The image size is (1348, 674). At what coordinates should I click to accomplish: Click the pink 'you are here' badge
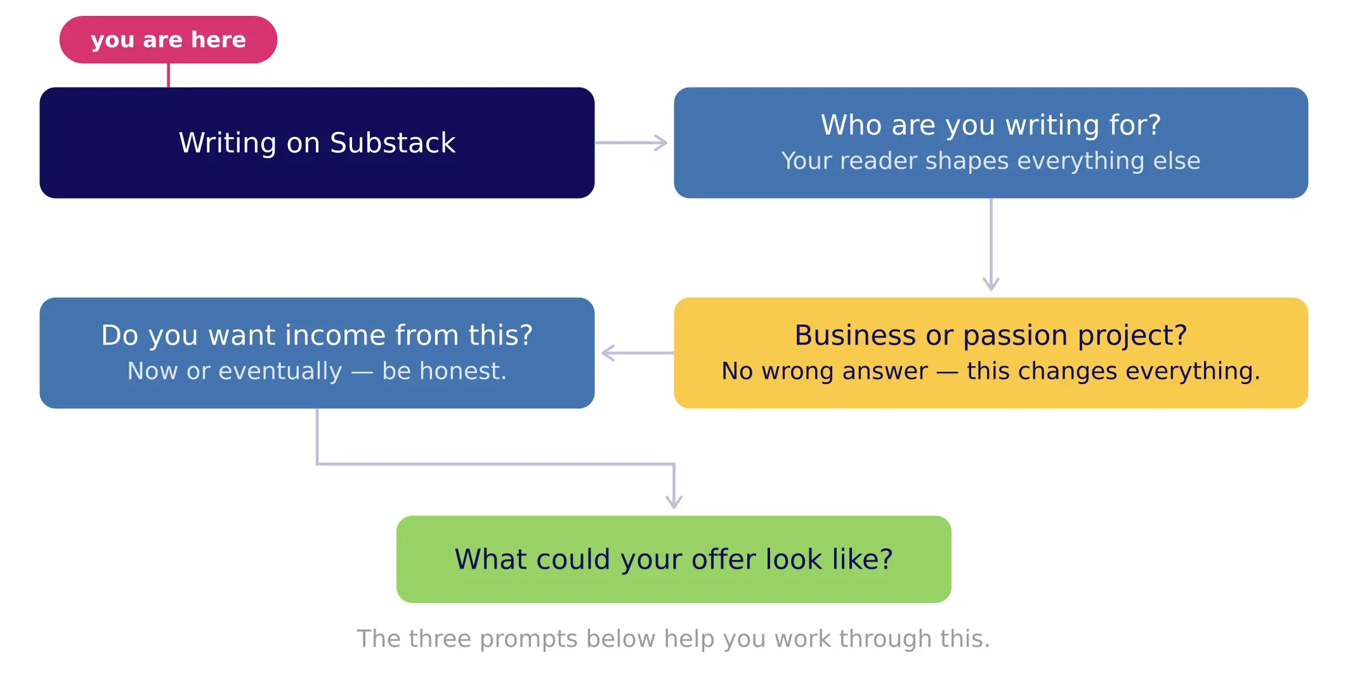tap(168, 39)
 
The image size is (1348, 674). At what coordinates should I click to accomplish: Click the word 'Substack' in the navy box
tap(392, 143)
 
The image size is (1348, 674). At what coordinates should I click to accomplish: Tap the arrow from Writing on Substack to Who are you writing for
tap(631, 143)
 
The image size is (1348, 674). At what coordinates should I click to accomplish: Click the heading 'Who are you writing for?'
tap(990, 125)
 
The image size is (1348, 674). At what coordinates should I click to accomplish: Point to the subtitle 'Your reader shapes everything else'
tap(990, 161)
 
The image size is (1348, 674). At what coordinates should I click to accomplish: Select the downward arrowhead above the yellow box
tap(991, 283)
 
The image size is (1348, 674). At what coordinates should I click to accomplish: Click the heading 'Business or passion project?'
tap(990, 335)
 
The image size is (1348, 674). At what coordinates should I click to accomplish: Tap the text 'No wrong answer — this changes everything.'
tap(990, 371)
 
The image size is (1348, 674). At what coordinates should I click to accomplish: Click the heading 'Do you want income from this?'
tap(317, 335)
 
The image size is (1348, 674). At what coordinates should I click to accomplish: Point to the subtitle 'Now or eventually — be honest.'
tap(317, 371)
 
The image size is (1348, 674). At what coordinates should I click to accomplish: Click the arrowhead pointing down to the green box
tap(674, 501)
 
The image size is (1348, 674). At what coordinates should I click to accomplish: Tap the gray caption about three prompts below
tap(673, 638)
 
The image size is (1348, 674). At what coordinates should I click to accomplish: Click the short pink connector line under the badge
tap(168, 75)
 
